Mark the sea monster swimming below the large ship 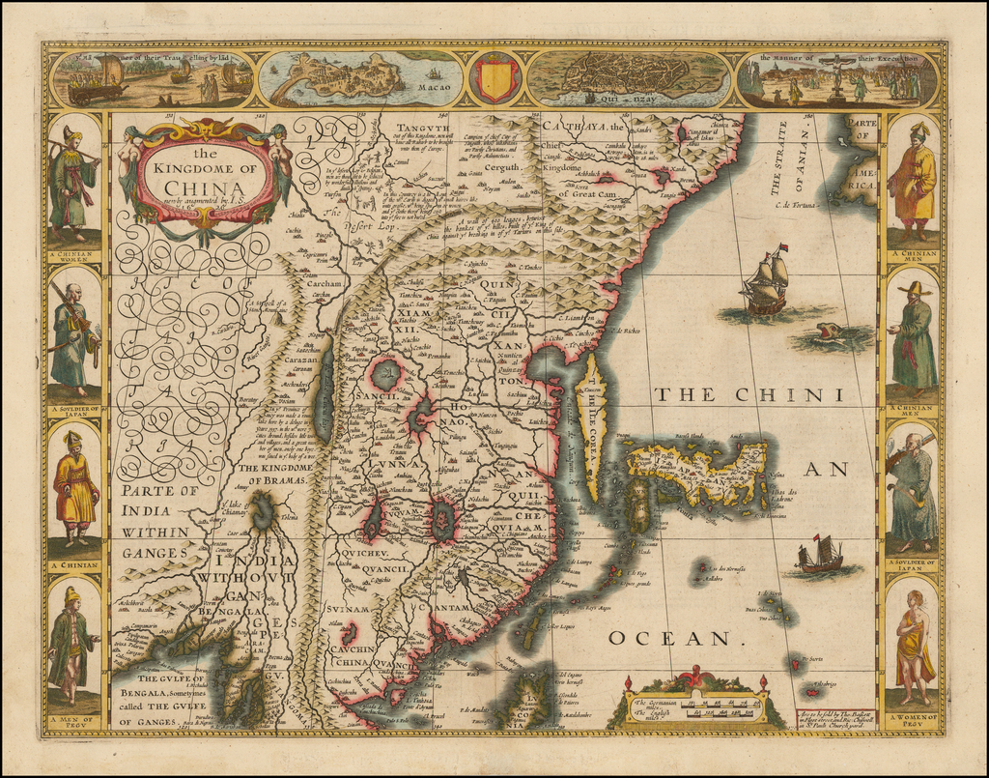[829, 333]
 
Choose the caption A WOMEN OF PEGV [912, 718]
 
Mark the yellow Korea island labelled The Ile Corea [593, 425]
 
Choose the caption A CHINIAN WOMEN [73, 255]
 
